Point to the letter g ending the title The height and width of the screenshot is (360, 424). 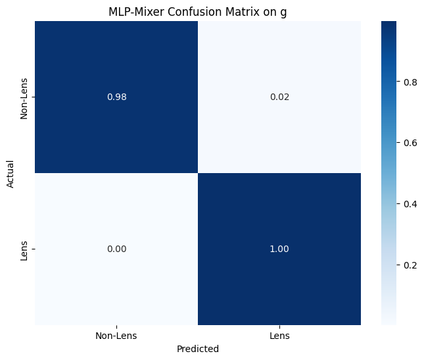283,13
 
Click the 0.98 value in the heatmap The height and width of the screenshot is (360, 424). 116,97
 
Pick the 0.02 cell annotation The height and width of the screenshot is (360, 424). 279,97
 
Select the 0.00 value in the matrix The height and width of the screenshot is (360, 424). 116,249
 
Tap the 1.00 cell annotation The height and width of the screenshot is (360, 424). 279,249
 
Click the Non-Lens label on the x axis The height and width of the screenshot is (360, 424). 116,336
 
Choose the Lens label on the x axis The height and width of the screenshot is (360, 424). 279,336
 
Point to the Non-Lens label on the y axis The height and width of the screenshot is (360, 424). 24,97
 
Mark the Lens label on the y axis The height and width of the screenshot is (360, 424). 24,249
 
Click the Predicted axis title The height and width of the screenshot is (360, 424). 198,349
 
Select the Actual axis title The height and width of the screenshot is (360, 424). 11,173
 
